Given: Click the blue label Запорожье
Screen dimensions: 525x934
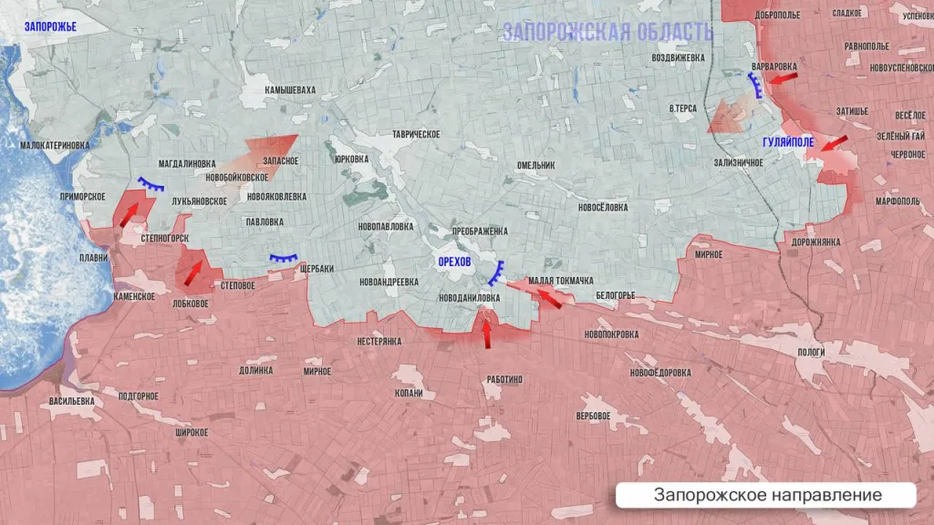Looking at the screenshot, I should (50, 27).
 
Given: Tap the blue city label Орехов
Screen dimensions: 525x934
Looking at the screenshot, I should (454, 262).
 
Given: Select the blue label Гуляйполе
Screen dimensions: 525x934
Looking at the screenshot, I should (789, 142).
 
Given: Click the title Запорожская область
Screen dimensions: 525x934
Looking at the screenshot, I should (607, 32).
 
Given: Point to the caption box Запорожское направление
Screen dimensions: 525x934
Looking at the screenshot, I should (766, 495).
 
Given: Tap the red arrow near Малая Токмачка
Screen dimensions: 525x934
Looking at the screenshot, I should (547, 297).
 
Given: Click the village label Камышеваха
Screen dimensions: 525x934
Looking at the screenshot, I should (290, 90).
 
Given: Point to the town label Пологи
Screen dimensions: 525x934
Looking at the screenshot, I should (811, 352).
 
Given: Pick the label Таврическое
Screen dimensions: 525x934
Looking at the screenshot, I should (416, 134).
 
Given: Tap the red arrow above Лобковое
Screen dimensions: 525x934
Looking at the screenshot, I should (192, 271).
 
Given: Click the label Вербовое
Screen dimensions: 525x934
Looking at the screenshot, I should (593, 417).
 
